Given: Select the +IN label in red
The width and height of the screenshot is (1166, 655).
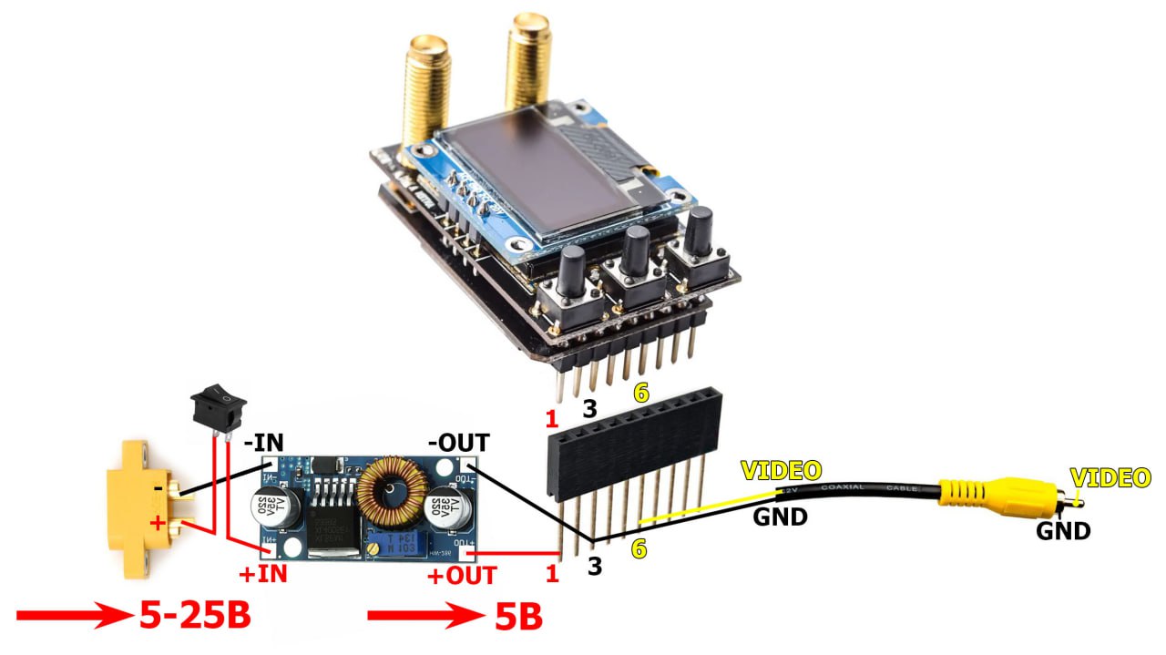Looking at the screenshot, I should click(x=262, y=574).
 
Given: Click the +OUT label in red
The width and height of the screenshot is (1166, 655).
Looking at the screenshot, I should click(x=462, y=575).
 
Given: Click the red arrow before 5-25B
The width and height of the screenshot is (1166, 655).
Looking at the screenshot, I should click(x=73, y=616).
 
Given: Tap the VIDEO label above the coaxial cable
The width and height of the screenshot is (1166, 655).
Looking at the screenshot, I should click(x=781, y=470).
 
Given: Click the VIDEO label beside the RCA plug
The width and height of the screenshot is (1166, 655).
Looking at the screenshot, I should click(x=1110, y=476).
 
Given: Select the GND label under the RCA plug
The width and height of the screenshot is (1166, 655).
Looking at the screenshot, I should click(x=1063, y=530).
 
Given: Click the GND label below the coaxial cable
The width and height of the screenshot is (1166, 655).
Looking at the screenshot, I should click(x=780, y=517).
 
